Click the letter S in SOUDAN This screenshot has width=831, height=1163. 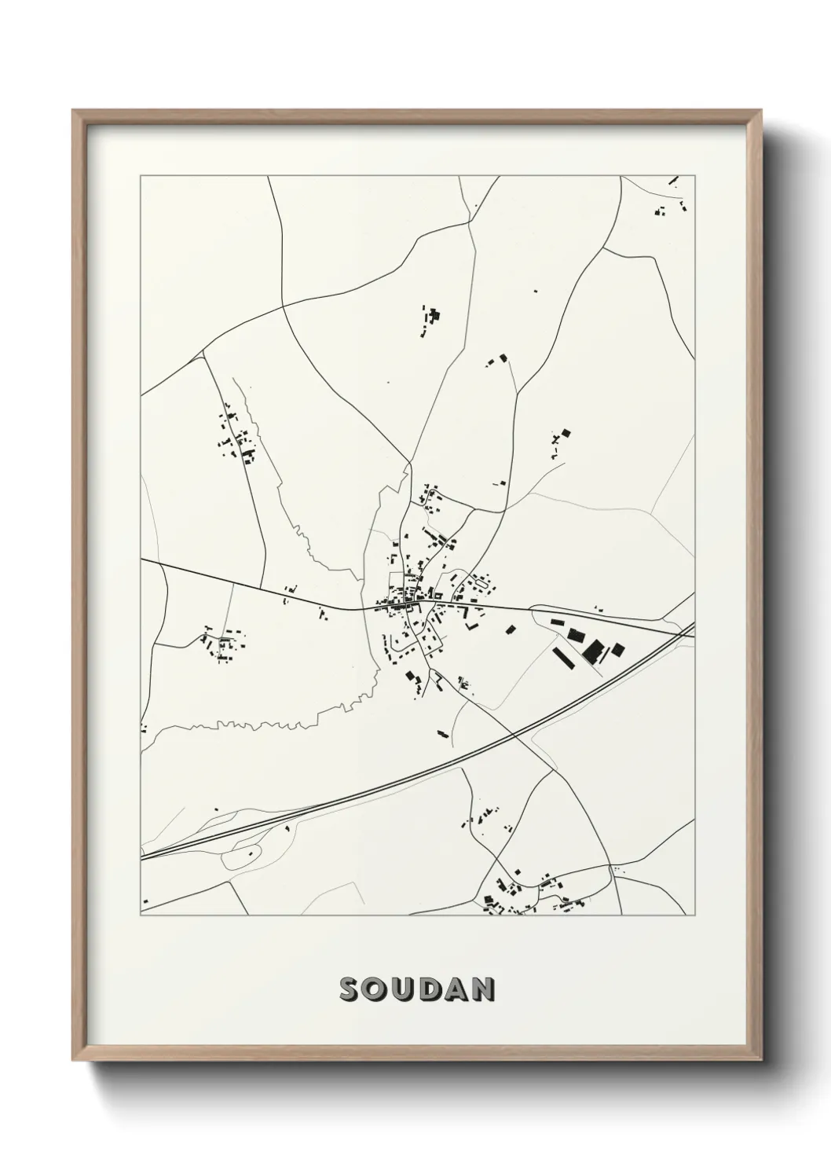point(350,989)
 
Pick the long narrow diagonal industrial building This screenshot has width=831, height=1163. point(565,658)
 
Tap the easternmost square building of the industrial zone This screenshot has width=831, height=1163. point(618,649)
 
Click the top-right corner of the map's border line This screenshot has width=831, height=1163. point(697,176)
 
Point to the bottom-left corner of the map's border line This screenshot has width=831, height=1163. point(141,915)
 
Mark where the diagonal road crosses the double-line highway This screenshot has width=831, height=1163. point(514,736)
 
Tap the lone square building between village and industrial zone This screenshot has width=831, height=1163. point(511,629)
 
